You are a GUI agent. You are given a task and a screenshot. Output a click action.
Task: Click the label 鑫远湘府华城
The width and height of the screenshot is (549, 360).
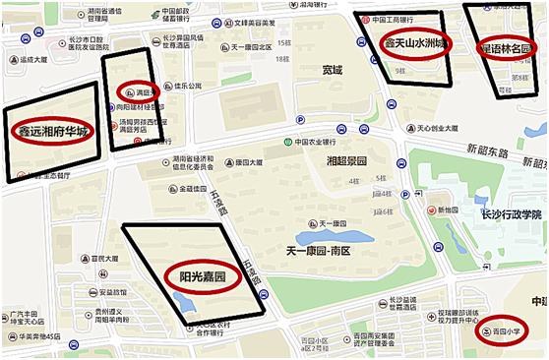(x=54, y=132)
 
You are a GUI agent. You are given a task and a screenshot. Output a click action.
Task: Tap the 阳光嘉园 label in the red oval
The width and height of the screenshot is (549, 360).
(x=203, y=277)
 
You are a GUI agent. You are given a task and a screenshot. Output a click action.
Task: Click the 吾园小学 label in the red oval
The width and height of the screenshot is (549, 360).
(x=506, y=331)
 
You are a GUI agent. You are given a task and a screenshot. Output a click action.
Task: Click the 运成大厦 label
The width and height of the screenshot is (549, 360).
(x=30, y=59)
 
